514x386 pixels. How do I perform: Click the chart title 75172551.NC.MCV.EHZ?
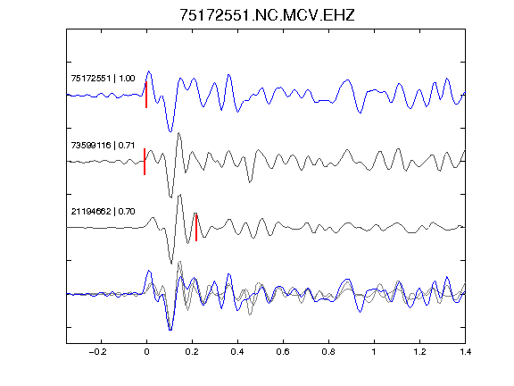click(x=267, y=15)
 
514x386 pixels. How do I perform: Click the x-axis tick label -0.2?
click(x=97, y=352)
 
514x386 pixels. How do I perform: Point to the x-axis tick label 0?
click(x=146, y=352)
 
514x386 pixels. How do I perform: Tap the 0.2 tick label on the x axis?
click(x=192, y=352)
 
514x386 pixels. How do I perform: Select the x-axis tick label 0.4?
click(x=237, y=352)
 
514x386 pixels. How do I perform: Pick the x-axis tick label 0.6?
click(x=283, y=352)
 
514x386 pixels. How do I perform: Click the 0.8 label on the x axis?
click(x=328, y=352)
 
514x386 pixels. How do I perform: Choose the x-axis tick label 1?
click(x=374, y=352)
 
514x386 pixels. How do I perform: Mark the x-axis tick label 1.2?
click(x=419, y=352)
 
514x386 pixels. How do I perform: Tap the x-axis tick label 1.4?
click(x=465, y=352)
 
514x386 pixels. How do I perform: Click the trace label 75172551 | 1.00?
click(x=103, y=79)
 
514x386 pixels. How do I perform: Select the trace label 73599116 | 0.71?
click(x=103, y=145)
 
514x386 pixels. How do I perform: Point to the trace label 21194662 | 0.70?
click(x=103, y=212)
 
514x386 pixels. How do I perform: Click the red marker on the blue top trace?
click(x=146, y=95)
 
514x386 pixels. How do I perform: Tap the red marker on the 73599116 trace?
click(x=145, y=162)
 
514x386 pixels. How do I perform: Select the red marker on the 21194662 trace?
click(x=196, y=228)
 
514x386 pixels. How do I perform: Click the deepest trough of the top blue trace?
click(x=170, y=131)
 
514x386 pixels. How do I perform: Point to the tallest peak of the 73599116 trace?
click(x=178, y=133)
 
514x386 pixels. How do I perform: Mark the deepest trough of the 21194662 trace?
click(x=171, y=264)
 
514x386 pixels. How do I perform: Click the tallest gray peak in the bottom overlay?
click(x=179, y=262)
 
